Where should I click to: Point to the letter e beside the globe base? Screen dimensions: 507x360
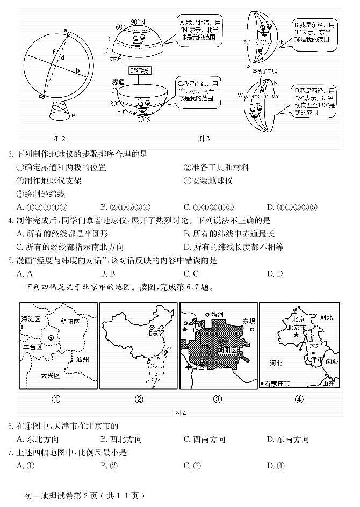(73, 115)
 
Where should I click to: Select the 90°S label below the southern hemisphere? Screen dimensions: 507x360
(143, 120)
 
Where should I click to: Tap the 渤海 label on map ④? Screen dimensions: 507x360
(332, 361)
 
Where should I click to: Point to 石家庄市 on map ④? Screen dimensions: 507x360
(276, 383)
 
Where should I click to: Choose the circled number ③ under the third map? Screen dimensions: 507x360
(218, 399)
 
